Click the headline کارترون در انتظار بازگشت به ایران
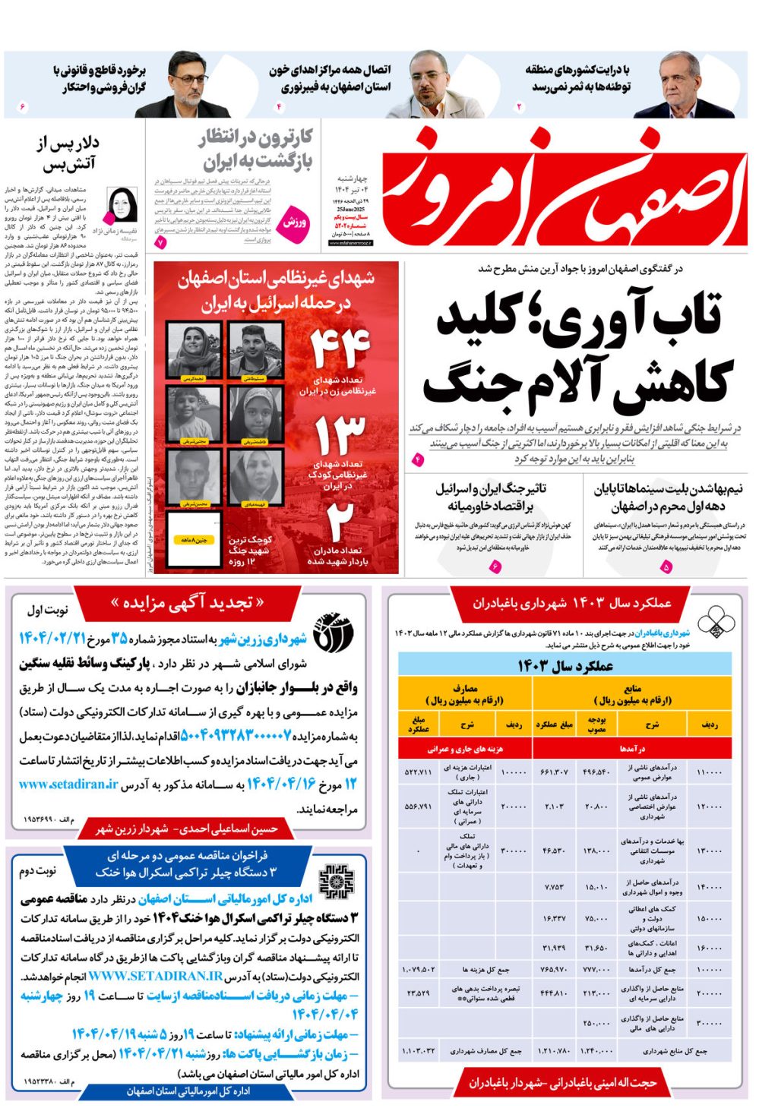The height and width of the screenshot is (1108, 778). tap(256, 150)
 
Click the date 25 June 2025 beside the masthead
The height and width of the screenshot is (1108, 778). tap(350, 208)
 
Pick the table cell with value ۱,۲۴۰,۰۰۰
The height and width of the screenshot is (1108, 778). tap(596, 1051)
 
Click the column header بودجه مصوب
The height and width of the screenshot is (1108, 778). tap(596, 724)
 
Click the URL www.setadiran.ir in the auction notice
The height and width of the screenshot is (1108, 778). tap(68, 784)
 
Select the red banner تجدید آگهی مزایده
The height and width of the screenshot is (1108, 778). tap(187, 603)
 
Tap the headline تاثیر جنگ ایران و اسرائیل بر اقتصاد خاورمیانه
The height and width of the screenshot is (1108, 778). tap(490, 497)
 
